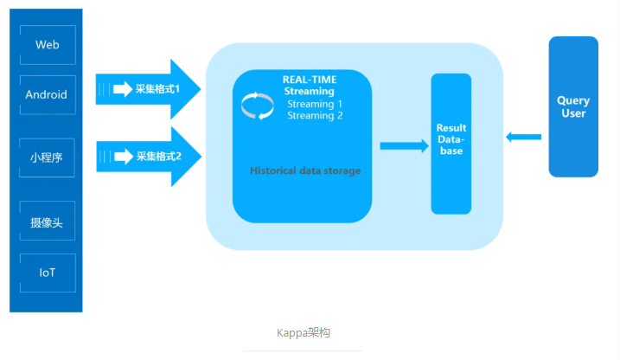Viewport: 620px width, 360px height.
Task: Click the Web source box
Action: point(47,44)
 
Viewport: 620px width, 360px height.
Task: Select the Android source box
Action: point(47,95)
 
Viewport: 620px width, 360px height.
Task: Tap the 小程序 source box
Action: point(47,158)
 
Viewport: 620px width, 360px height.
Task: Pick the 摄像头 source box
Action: point(47,222)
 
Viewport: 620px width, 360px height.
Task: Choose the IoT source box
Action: point(47,273)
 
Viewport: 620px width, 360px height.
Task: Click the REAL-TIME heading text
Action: point(309,80)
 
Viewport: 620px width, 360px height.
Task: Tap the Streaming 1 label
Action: point(315,104)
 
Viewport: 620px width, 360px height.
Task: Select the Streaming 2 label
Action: point(315,115)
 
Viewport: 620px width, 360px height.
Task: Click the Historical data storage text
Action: point(305,170)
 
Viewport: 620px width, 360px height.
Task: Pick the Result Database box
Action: point(451,144)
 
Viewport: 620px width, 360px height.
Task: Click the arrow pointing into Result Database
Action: point(404,146)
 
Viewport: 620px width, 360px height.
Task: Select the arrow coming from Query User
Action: point(524,137)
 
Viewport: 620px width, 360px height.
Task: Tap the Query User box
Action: point(572,106)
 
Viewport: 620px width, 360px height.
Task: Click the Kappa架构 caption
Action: point(304,332)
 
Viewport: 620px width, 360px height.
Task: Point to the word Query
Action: point(573,101)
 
